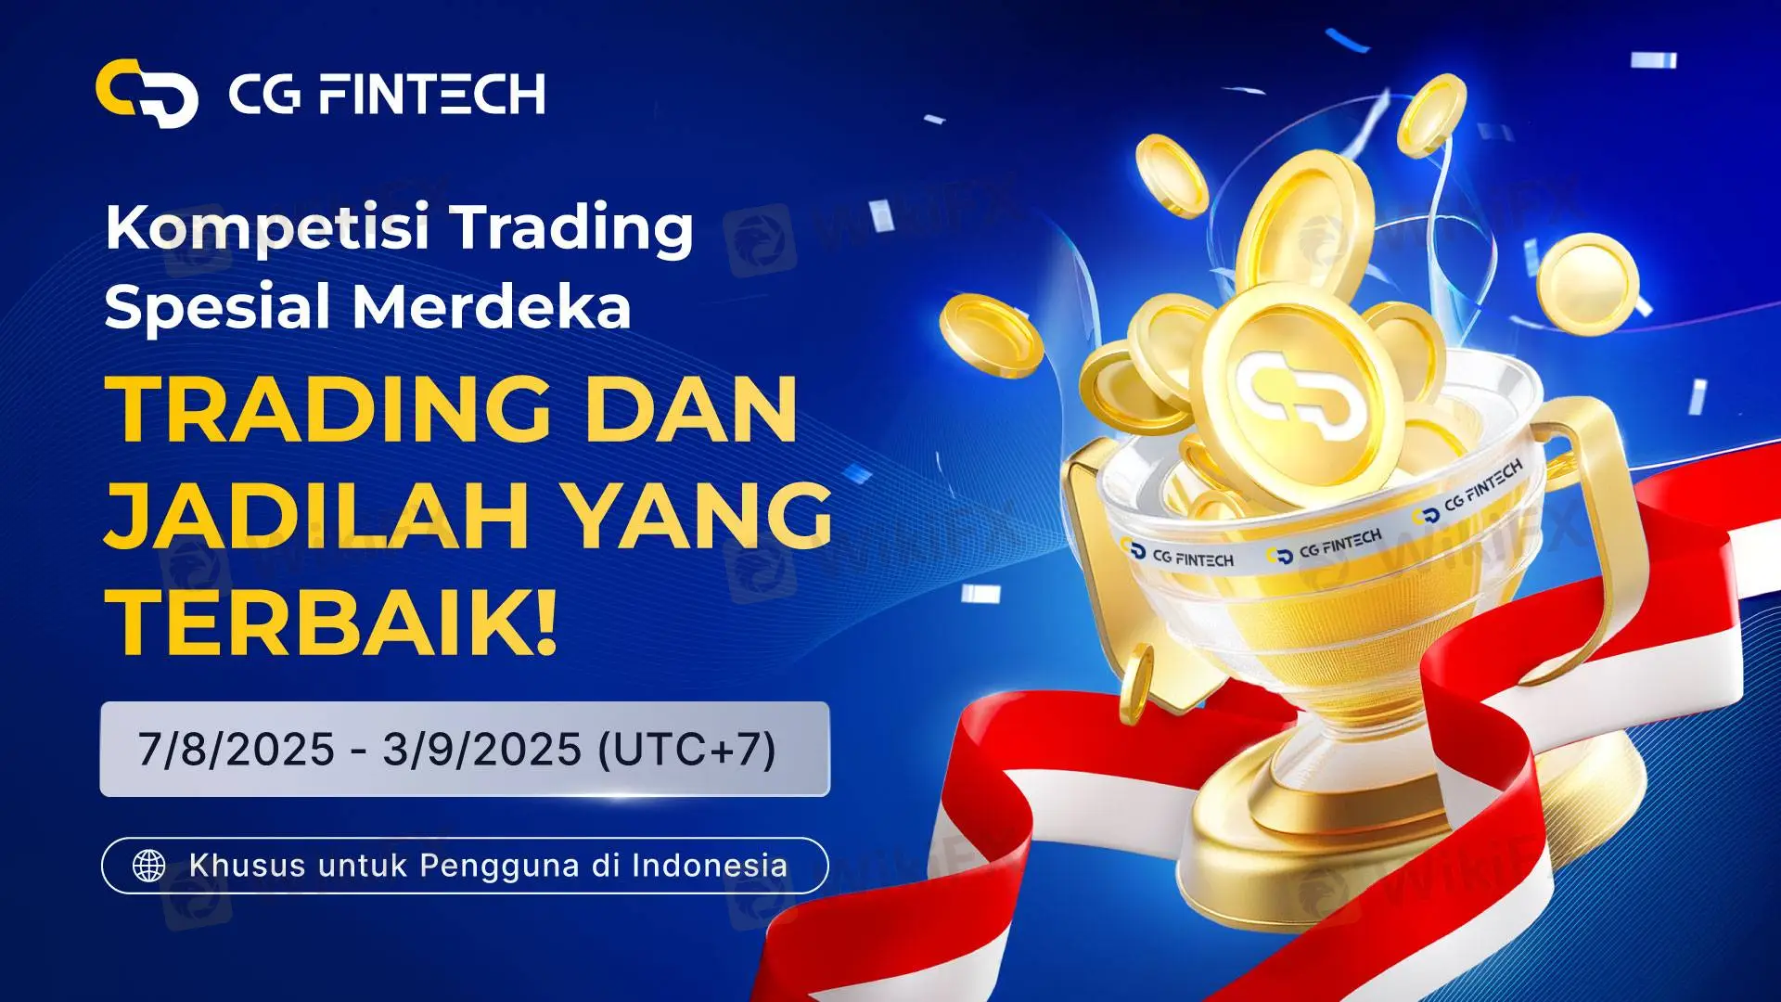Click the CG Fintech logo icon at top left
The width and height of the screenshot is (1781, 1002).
147,93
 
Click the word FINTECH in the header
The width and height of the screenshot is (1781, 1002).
430,95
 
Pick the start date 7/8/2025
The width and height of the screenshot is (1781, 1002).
236,749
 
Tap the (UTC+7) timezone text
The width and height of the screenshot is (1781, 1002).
687,750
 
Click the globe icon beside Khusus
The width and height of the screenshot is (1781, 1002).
149,866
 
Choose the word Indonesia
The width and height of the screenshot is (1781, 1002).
710,866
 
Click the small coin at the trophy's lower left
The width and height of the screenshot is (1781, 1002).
1136,686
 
